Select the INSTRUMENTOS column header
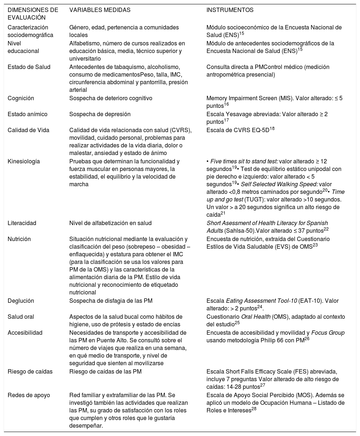tap(230, 10)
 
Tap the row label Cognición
tap(21, 98)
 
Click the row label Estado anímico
tap(27, 114)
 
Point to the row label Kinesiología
tap(24, 161)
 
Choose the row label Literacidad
tap(22, 223)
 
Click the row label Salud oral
tap(21, 317)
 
